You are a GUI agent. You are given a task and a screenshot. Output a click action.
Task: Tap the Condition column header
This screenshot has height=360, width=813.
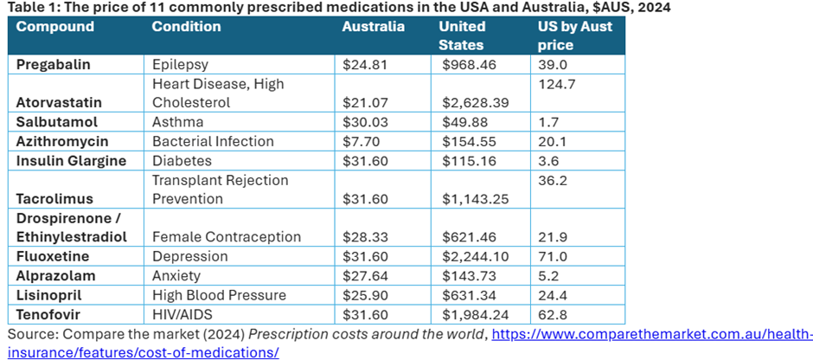(186, 27)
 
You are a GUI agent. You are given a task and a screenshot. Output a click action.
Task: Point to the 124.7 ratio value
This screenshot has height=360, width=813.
(557, 84)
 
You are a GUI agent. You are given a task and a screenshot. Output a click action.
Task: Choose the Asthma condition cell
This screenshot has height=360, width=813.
(176, 122)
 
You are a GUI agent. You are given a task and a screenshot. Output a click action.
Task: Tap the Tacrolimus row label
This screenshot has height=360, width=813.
(50, 199)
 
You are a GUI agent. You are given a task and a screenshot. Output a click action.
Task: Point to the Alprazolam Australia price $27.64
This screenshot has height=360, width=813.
(363, 275)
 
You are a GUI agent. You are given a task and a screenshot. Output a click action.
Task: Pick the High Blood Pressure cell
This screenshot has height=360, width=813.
(206, 294)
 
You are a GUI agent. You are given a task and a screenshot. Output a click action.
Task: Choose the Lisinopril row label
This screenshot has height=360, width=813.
(46, 294)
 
